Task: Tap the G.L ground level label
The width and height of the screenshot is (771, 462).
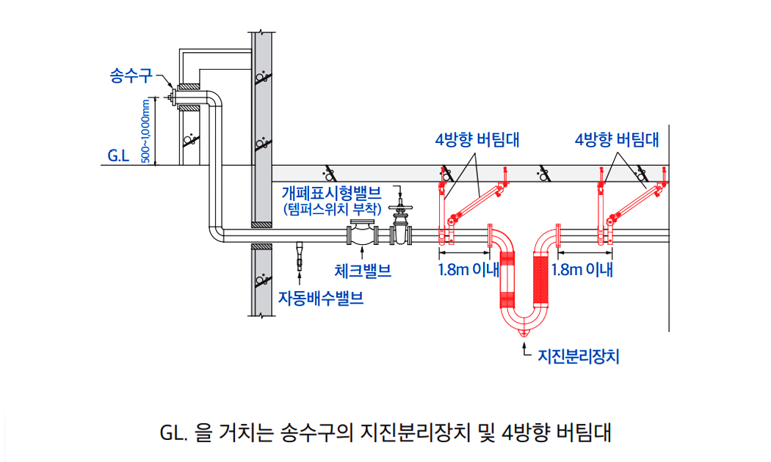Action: click(x=118, y=155)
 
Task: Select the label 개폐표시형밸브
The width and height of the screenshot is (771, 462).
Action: click(x=333, y=194)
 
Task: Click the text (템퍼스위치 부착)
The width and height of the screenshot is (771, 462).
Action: click(x=333, y=210)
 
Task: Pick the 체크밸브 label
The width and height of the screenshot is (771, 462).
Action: click(x=363, y=271)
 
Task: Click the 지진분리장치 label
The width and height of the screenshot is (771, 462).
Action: click(x=579, y=356)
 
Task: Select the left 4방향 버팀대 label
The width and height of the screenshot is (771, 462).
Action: click(x=477, y=139)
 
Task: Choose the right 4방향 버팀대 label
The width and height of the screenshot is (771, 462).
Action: click(x=617, y=139)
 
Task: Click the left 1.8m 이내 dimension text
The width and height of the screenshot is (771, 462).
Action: click(x=468, y=269)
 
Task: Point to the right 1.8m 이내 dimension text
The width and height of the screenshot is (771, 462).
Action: click(x=582, y=269)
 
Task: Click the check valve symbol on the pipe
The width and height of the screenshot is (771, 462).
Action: click(x=362, y=234)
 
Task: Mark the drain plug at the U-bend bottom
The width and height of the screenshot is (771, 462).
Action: click(x=524, y=333)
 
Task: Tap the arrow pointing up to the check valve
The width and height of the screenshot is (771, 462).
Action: click(x=362, y=256)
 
